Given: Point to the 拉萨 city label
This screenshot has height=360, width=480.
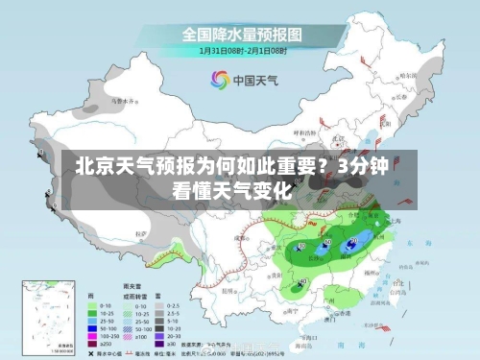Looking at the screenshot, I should pyautogui.click(x=143, y=233).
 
